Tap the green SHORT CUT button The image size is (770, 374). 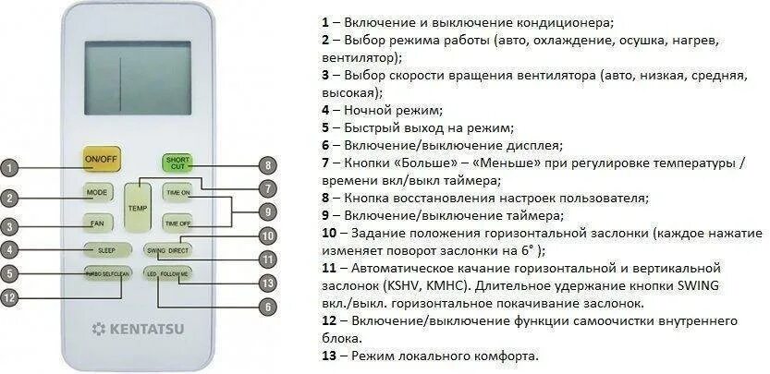(177, 163)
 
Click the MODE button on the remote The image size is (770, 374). (97, 192)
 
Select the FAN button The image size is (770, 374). (97, 223)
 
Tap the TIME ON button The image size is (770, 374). (177, 192)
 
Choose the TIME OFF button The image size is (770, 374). (177, 223)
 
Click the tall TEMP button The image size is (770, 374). (138, 207)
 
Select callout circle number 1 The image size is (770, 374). (8, 168)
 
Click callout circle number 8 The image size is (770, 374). (267, 166)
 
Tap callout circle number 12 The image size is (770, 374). (9, 297)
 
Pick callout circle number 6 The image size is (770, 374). (267, 307)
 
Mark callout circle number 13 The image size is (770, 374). (267, 283)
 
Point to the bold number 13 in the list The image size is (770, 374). (328, 356)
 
